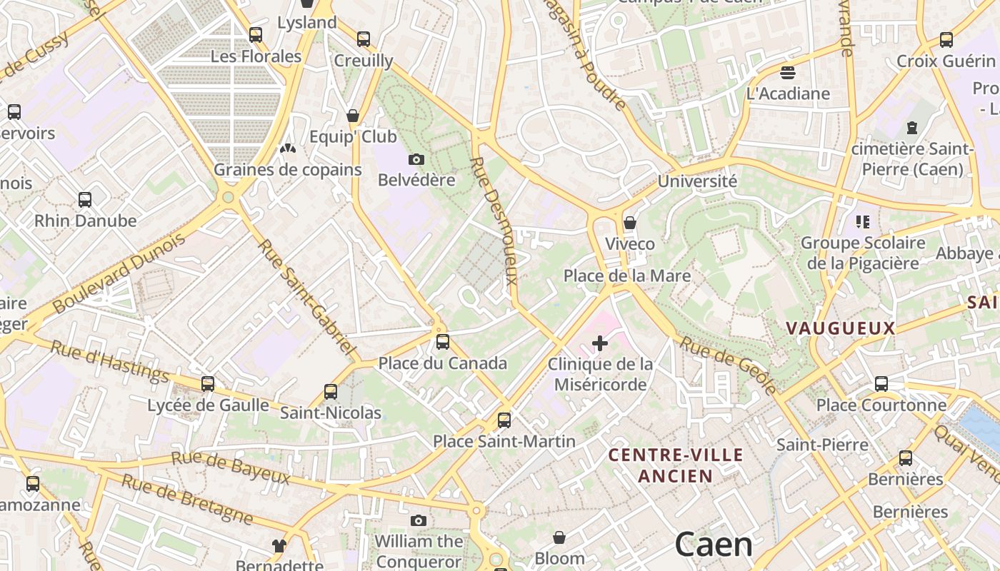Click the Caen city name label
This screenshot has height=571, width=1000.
(714, 545)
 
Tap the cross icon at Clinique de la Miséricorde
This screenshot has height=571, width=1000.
(600, 344)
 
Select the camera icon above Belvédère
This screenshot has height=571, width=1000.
(416, 159)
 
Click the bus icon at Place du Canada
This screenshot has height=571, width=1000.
(443, 342)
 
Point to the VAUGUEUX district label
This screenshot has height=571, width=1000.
(840, 328)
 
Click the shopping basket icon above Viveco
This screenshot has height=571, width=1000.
(629, 223)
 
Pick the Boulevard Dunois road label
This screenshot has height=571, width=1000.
(120, 273)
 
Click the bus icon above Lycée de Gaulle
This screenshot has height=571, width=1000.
(208, 384)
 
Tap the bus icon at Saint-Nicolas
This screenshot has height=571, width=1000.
(330, 392)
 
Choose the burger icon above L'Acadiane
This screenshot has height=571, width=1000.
(788, 72)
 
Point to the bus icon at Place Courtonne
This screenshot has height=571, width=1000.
(881, 384)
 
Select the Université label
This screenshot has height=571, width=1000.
(697, 181)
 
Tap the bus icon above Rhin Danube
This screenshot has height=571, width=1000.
(85, 200)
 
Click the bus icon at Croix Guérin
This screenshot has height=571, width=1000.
(946, 40)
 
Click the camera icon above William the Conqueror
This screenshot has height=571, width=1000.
(419, 520)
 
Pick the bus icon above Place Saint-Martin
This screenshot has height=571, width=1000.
(504, 420)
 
